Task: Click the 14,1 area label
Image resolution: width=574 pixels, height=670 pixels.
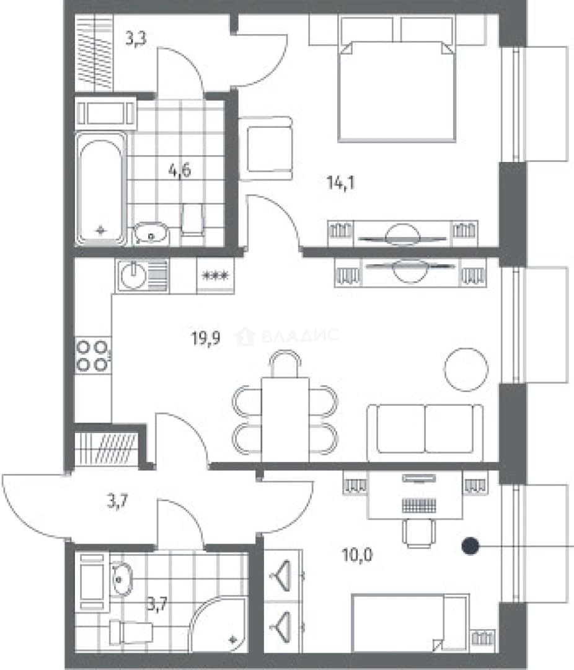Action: click(340, 183)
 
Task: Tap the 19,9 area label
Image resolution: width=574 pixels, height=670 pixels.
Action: click(206, 339)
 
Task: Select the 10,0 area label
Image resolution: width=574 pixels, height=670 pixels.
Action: click(358, 555)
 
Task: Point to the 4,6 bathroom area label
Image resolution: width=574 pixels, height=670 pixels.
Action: click(180, 171)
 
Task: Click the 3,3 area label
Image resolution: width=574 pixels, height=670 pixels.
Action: click(136, 38)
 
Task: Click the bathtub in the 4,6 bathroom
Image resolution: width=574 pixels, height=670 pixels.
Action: click(101, 189)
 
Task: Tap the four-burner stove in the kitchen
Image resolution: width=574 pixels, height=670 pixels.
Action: click(93, 355)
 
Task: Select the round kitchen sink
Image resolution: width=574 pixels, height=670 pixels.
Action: click(134, 276)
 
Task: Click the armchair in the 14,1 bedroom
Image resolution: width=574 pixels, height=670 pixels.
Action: click(266, 148)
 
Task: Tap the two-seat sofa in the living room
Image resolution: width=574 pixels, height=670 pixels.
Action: click(425, 432)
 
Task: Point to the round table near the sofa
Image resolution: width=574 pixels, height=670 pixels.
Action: click(466, 369)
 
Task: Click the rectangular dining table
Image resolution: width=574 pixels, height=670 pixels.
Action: click(285, 419)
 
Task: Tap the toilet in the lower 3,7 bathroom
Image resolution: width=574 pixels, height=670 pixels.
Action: click(131, 633)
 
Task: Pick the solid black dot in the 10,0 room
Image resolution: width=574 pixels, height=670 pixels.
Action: click(470, 546)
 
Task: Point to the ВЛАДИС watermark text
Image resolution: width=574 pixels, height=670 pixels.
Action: click(300, 336)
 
